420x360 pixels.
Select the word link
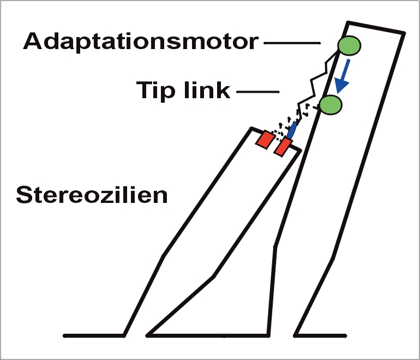pyautogui.click(x=207, y=89)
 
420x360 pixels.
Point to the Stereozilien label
pyautogui.click(x=92, y=195)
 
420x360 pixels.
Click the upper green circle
pyautogui.click(x=349, y=45)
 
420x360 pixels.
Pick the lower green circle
pyautogui.click(x=331, y=105)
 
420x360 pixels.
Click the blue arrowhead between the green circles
pyautogui.click(x=341, y=85)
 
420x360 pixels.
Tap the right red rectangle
pyautogui.click(x=283, y=147)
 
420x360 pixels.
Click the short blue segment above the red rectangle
pyautogui.click(x=292, y=130)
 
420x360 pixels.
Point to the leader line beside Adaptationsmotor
pyautogui.click(x=292, y=43)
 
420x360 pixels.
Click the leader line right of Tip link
pyautogui.click(x=258, y=92)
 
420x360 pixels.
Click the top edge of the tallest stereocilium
pyautogui.click(x=376, y=28)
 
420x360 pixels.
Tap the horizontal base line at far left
pyautogui.click(x=94, y=335)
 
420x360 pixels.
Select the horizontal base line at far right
pyautogui.click(x=321, y=335)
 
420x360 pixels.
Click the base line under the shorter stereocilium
pyautogui.click(x=208, y=335)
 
